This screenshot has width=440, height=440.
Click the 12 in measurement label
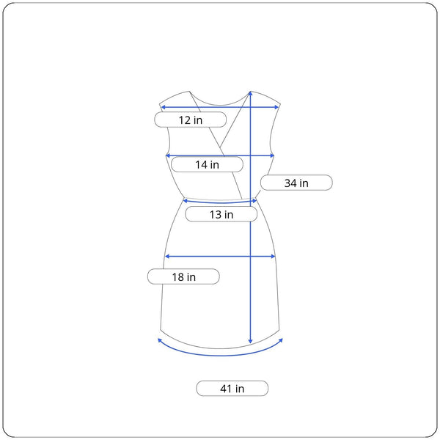190,120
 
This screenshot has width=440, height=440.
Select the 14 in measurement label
207,164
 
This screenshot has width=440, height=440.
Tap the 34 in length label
296,183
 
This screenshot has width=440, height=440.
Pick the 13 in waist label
221,214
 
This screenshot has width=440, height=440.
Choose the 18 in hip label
183,277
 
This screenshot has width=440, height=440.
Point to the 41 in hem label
232,389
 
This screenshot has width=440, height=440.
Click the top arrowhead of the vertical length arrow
250,93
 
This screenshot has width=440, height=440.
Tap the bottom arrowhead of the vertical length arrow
250,341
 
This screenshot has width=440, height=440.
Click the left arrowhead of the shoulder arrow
163,107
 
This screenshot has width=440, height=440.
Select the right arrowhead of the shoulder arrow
276,107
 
